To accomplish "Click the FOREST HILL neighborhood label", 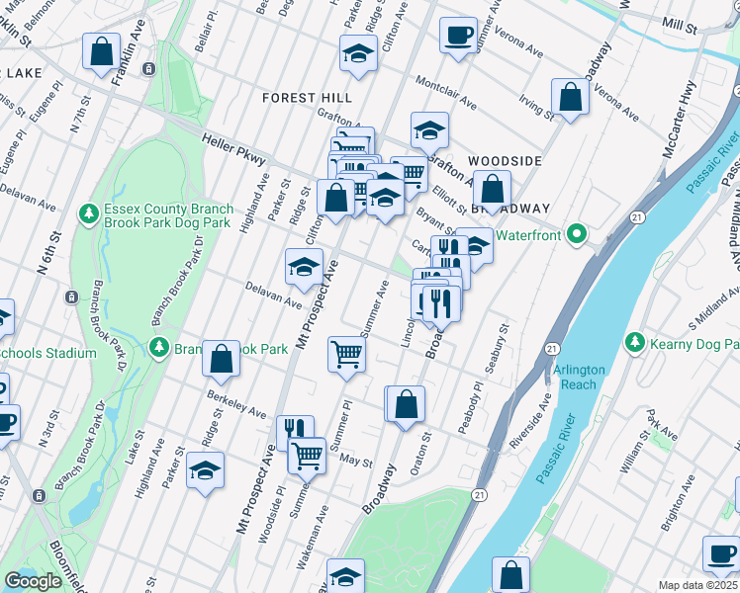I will coord(307,98).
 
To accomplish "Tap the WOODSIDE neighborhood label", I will coord(505,160).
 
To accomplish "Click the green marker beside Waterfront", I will coord(582,235).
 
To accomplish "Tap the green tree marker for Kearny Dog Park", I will coord(635,343).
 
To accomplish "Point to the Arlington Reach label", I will coord(579,377).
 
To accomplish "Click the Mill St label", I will coord(681,22).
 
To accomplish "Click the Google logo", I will coord(33,581).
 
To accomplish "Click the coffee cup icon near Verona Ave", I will coord(458,36).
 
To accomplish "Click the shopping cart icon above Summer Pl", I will coord(346,353).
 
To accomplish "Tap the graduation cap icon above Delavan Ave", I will coord(304,265).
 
